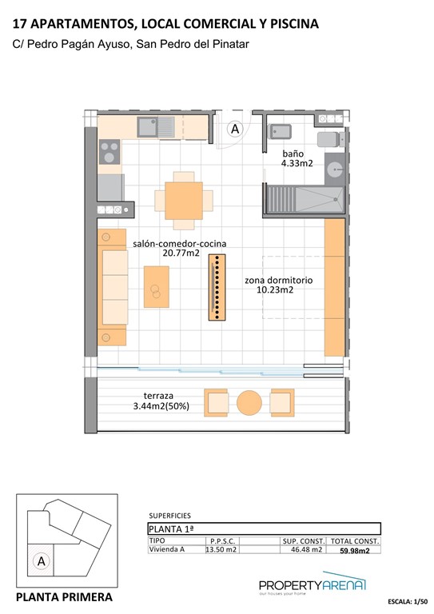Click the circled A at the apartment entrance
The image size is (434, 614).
235,128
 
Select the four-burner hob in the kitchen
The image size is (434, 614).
109,151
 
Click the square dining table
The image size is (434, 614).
184,197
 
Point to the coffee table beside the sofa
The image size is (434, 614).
156,286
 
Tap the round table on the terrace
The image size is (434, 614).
249,401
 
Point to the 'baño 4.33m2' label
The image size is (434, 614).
297,157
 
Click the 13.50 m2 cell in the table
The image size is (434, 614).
221,550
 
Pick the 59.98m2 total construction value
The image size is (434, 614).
356,550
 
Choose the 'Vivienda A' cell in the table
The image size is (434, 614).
168,550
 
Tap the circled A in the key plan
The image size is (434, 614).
41,562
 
